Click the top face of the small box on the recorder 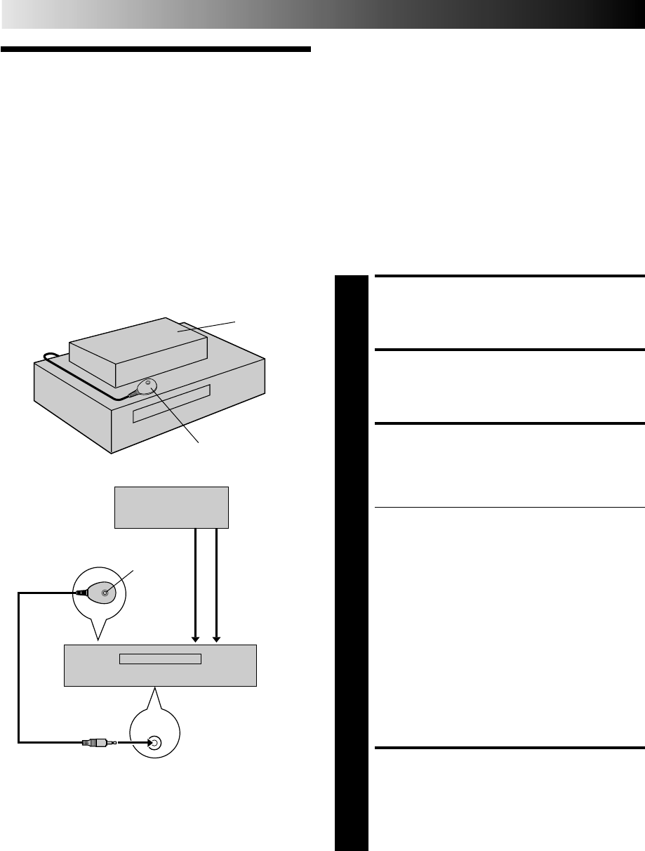[x=140, y=337]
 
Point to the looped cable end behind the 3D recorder [x=48, y=357]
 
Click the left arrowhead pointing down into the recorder [x=196, y=637]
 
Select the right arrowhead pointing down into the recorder [x=218, y=637]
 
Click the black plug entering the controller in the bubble [x=81, y=592]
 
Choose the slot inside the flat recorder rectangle [x=160, y=659]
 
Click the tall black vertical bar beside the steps [x=351, y=562]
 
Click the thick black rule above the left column [x=155, y=50]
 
